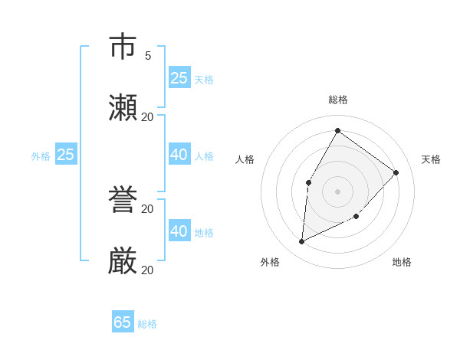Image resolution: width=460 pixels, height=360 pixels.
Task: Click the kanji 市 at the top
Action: click(x=123, y=47)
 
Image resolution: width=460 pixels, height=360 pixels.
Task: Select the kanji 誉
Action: click(x=123, y=201)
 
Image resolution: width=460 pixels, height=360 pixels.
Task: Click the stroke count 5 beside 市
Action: click(x=148, y=56)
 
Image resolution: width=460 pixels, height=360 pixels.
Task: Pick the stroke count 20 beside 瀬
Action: click(x=148, y=117)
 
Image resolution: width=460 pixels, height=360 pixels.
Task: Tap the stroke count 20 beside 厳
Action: click(x=148, y=270)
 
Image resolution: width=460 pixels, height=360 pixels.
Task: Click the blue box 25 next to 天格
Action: click(x=179, y=78)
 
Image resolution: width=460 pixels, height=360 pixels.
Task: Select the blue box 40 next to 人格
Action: click(x=179, y=155)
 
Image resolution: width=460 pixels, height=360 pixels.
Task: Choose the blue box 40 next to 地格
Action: click(x=179, y=231)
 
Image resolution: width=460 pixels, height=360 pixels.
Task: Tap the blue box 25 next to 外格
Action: click(x=66, y=155)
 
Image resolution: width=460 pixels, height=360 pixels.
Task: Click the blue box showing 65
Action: click(x=123, y=322)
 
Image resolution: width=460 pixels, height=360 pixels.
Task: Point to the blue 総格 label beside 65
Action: click(x=147, y=324)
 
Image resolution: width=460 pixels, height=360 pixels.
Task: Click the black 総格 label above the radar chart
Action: click(x=338, y=100)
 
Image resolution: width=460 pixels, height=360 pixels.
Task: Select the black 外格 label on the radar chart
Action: click(x=270, y=262)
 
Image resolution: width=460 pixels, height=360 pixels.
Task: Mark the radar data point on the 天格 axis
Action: click(x=396, y=172)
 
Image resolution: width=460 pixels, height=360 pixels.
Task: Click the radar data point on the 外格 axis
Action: click(x=302, y=242)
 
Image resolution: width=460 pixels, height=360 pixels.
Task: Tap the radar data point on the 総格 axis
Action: click(x=337, y=131)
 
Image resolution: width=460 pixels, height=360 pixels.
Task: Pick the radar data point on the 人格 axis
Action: click(x=309, y=182)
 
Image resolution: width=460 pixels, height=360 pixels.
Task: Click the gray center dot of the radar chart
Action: click(x=337, y=191)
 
